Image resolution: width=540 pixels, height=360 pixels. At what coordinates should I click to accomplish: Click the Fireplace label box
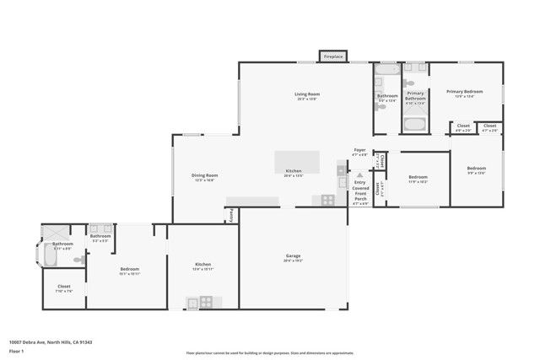(x=333, y=56)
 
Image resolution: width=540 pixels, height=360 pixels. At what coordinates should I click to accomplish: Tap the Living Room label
(x=305, y=95)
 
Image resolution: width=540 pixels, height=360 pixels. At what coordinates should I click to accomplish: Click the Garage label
(x=293, y=257)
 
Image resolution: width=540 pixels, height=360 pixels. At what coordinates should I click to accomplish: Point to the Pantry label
(x=232, y=217)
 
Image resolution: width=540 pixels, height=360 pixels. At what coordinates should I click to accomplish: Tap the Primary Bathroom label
(x=415, y=100)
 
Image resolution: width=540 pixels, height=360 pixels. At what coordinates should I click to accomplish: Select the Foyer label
(x=359, y=152)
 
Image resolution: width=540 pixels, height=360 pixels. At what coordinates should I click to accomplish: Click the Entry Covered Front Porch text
(x=360, y=191)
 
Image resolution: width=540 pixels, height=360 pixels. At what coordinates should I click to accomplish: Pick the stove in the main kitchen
(x=327, y=200)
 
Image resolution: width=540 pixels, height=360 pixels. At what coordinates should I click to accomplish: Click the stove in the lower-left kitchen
(x=203, y=302)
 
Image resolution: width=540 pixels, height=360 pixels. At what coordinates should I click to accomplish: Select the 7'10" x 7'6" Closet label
(x=64, y=288)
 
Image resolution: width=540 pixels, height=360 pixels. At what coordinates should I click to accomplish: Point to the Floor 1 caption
(x=16, y=351)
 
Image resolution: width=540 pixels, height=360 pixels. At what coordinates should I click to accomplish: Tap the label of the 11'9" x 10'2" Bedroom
(x=418, y=179)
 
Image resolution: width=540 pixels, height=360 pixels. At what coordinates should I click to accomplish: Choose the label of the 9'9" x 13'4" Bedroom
(x=477, y=169)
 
